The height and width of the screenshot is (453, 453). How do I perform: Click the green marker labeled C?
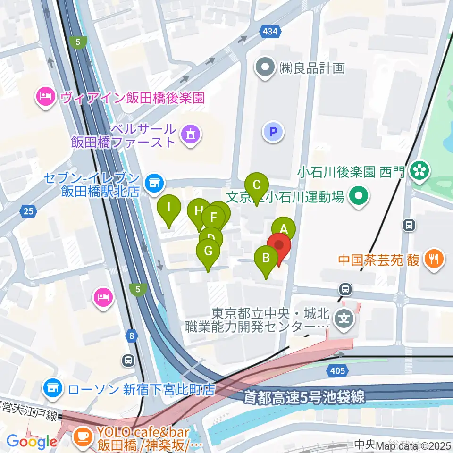pyautogui.click(x=257, y=185)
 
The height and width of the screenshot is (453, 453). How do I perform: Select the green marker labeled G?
pyautogui.click(x=208, y=250)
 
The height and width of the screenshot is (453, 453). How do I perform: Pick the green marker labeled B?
pyautogui.click(x=266, y=258)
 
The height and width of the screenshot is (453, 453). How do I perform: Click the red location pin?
pyautogui.click(x=278, y=245)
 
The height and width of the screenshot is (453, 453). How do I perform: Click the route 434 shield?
pyautogui.click(x=271, y=32)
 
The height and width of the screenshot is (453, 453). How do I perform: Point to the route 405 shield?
pyautogui.click(x=337, y=371)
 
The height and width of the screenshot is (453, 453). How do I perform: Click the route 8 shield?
pyautogui.click(x=133, y=336)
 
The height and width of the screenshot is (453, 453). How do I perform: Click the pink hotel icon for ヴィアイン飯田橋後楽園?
pyautogui.click(x=45, y=97)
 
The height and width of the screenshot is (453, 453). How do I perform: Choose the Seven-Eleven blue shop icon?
pyautogui.click(x=153, y=181)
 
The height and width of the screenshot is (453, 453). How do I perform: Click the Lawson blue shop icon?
pyautogui.click(x=53, y=389)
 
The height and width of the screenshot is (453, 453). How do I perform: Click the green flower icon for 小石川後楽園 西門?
pyautogui.click(x=419, y=171)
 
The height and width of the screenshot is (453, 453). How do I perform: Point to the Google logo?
pyautogui.click(x=32, y=442)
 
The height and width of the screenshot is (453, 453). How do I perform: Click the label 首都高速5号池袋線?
pyautogui.click(x=304, y=397)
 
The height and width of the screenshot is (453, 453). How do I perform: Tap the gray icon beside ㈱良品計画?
pyautogui.click(x=265, y=67)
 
